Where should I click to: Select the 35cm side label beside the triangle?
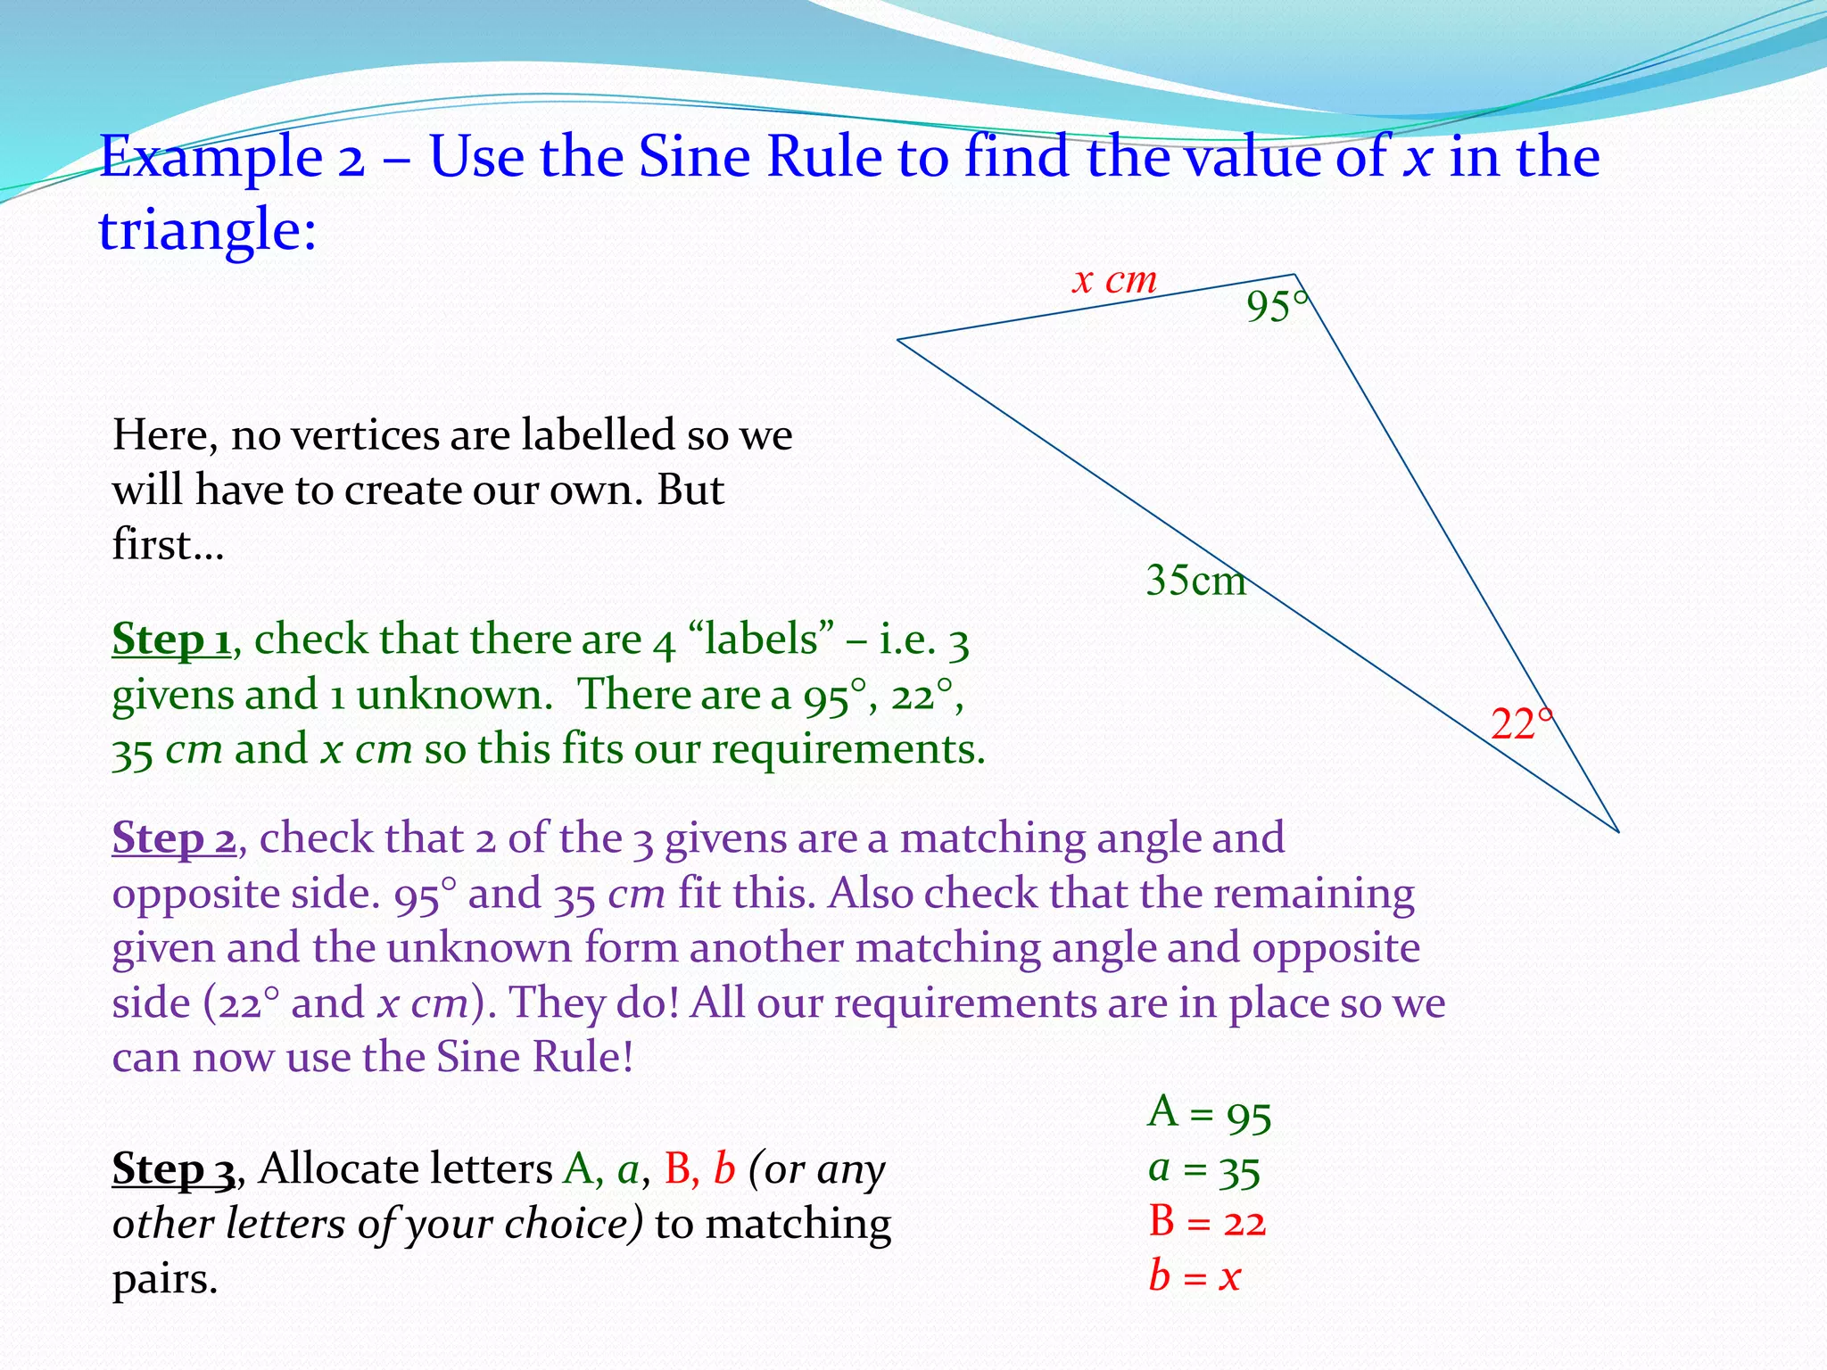[1195, 581]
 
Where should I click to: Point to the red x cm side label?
[1114, 281]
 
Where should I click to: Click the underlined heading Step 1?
[171, 640]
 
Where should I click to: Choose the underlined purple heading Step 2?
[174, 838]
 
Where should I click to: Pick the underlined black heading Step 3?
[174, 1169]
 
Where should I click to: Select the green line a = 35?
[1204, 1169]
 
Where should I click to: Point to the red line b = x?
[1195, 1276]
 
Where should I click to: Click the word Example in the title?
[211, 158]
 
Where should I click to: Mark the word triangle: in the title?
[207, 230]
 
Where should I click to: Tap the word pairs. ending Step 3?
[165, 1280]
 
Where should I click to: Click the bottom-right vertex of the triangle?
[1617, 831]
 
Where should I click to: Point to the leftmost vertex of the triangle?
[897, 340]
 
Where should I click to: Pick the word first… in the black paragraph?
[168, 545]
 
